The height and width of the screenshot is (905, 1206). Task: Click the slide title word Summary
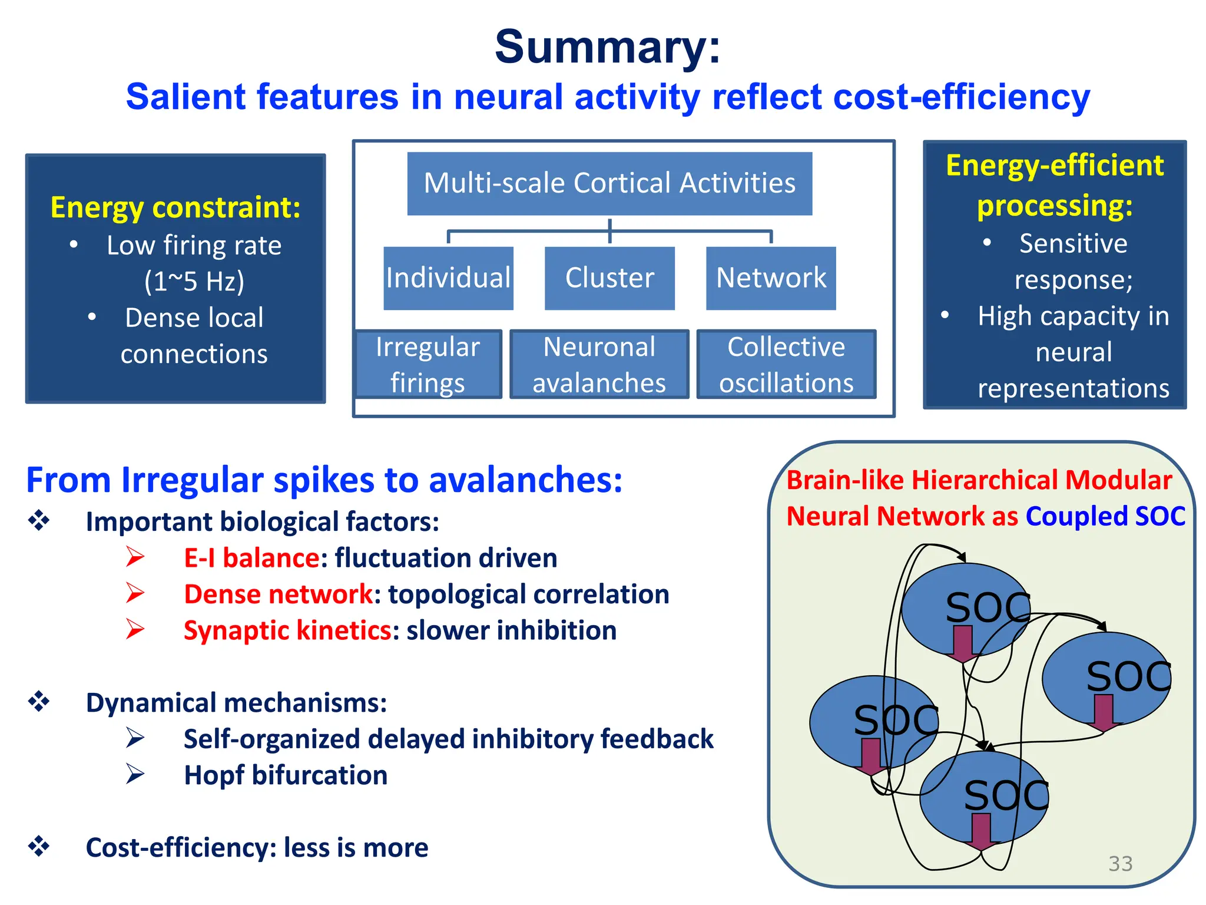click(x=607, y=47)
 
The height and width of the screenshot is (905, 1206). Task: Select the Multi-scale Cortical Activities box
click(x=609, y=183)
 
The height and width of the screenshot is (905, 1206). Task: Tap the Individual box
click(x=448, y=278)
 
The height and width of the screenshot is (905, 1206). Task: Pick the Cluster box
click(x=609, y=278)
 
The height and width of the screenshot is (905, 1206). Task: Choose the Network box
click(x=771, y=278)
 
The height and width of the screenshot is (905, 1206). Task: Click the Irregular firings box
click(x=428, y=364)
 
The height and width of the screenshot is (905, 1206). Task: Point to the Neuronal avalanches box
click(x=599, y=364)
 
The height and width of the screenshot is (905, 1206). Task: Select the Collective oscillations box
click(x=786, y=364)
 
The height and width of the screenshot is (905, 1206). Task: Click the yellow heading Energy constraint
click(x=175, y=207)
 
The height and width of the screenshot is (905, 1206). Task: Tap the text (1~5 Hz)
click(x=194, y=282)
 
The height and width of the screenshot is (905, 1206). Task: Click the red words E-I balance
click(x=251, y=558)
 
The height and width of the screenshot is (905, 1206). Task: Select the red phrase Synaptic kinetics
click(x=287, y=630)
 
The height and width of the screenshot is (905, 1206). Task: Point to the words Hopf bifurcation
click(x=286, y=775)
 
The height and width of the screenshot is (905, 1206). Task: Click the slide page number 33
click(x=1120, y=864)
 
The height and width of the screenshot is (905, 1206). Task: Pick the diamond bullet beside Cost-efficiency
click(x=39, y=847)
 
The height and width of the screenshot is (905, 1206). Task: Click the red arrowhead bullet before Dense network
click(x=135, y=593)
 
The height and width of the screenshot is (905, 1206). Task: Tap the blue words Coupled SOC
click(x=1105, y=517)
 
